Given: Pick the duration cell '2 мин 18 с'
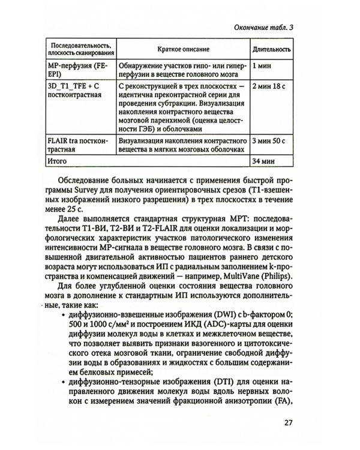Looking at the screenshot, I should coord(271,87).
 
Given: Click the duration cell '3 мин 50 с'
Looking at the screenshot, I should coord(271,143).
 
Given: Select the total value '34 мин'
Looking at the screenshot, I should coord(265,161).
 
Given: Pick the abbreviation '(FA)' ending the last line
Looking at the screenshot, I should coord(283,403).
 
